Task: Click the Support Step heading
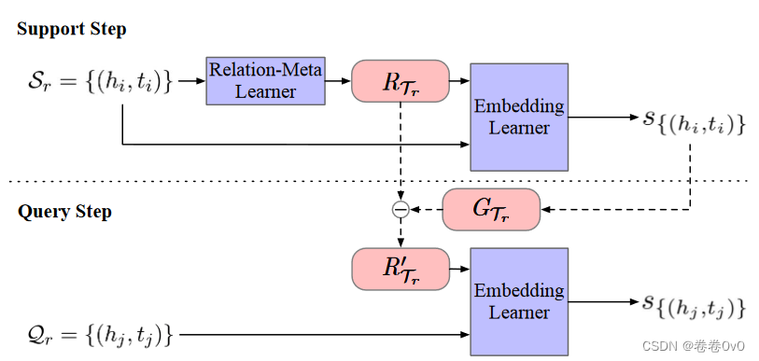click(72, 29)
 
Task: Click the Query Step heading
click(64, 212)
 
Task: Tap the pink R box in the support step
click(400, 81)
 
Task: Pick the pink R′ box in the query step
click(400, 269)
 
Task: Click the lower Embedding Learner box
click(519, 300)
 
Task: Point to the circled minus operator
click(400, 210)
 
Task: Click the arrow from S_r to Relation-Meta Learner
click(190, 81)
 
